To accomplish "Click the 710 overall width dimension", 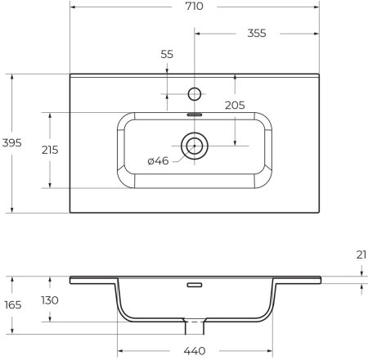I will [x=195, y=7].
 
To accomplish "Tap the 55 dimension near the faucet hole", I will [x=167, y=53].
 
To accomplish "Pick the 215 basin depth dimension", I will [x=50, y=150].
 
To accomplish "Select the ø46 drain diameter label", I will [x=158, y=161].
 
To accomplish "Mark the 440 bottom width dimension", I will [x=195, y=351].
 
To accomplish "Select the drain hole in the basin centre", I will [x=195, y=146].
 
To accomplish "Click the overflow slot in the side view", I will [x=195, y=286].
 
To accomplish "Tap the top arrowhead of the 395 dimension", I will [x=14, y=78].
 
